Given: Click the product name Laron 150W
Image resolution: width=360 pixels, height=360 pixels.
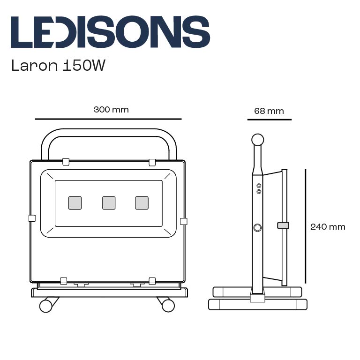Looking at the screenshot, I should click(x=58, y=65).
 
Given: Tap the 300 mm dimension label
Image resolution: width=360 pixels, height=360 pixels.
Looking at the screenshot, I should click(x=111, y=110).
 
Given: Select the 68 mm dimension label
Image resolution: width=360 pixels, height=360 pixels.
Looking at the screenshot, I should click(x=269, y=111).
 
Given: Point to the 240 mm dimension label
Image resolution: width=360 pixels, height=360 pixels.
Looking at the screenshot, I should click(x=328, y=227).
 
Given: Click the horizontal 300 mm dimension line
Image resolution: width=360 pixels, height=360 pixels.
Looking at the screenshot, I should click(x=108, y=119).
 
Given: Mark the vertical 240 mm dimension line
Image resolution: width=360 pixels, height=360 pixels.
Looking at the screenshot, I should click(x=306, y=226).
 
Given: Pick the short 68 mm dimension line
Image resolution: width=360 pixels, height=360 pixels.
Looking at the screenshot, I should click(x=269, y=120).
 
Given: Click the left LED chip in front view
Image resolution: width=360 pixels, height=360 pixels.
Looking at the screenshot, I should click(x=75, y=202).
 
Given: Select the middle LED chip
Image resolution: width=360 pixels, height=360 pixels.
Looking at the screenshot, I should click(x=109, y=202).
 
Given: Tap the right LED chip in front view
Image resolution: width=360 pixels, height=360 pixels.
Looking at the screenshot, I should click(x=142, y=202).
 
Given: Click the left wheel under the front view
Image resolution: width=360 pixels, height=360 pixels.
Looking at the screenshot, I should click(x=46, y=306).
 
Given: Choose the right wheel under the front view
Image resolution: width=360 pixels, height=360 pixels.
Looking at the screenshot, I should click(x=168, y=306).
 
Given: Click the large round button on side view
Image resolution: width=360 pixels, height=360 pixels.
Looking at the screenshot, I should click(x=257, y=228).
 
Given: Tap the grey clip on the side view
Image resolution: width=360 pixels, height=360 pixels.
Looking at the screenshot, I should click(x=283, y=225).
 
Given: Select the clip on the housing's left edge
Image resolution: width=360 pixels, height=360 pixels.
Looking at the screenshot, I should click(x=32, y=218).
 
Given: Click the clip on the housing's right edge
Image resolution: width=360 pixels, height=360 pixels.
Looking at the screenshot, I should click(x=183, y=221).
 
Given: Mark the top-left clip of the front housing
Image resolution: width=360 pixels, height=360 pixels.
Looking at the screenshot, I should click(x=66, y=162).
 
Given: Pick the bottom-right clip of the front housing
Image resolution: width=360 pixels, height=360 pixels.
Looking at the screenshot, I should click(x=152, y=281).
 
